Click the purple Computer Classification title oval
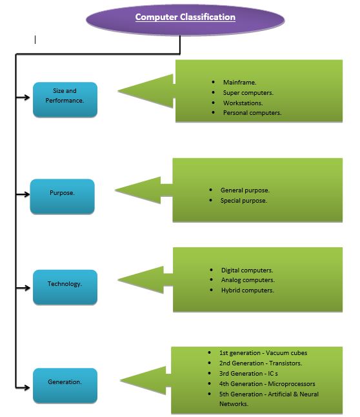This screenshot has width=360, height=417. click(x=185, y=18)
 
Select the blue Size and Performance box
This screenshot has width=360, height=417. click(x=65, y=100)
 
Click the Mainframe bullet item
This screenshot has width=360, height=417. click(x=239, y=83)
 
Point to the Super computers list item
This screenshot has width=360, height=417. click(x=248, y=93)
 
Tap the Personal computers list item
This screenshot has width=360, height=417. click(x=252, y=113)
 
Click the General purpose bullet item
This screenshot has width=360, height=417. click(x=245, y=190)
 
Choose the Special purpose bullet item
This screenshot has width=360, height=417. click(x=243, y=201)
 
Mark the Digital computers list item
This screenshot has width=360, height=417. click(x=247, y=270)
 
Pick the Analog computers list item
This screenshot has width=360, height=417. click(x=248, y=280)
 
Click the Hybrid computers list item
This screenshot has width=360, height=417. click(x=247, y=290)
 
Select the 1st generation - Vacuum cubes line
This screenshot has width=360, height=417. click(x=263, y=353)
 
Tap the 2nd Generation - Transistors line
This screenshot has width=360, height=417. click(x=260, y=363)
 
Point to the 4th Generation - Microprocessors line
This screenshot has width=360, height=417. click(x=266, y=384)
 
